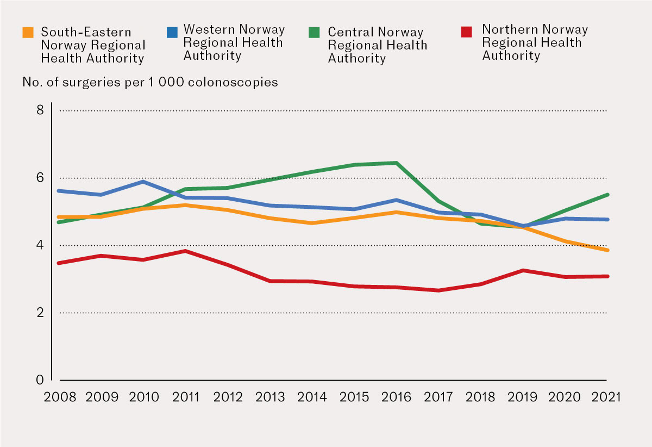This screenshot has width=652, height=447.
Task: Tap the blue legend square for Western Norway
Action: pyautogui.click(x=172, y=33)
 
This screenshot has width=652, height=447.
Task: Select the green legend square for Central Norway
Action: pyautogui.click(x=315, y=33)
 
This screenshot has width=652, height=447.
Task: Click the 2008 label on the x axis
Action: pyautogui.click(x=59, y=397)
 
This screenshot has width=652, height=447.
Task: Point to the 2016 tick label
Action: pyautogui.click(x=397, y=397)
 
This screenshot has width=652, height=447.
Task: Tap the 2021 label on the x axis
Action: pyautogui.click(x=607, y=397)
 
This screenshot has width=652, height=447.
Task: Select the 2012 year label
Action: pyautogui.click(x=228, y=397)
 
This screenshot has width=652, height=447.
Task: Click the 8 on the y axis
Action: pyautogui.click(x=40, y=110)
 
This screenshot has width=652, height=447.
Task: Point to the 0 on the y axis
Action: pyautogui.click(x=40, y=380)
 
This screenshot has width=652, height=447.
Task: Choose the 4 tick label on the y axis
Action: pyautogui.click(x=40, y=245)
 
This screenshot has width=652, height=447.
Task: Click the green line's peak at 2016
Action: pyautogui.click(x=397, y=163)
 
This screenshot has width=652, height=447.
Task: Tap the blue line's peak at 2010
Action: pyautogui.click(x=143, y=182)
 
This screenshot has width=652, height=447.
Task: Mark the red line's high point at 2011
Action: pyautogui.click(x=185, y=251)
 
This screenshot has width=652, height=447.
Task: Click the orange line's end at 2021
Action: pyautogui.click(x=607, y=250)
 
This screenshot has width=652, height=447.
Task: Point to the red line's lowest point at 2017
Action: pyautogui.click(x=438, y=290)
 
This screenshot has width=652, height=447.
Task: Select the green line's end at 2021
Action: pyautogui.click(x=607, y=195)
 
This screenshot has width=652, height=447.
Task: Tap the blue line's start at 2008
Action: pyautogui.click(x=59, y=191)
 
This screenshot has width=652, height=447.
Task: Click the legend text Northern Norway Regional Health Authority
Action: pyautogui.click(x=535, y=42)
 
